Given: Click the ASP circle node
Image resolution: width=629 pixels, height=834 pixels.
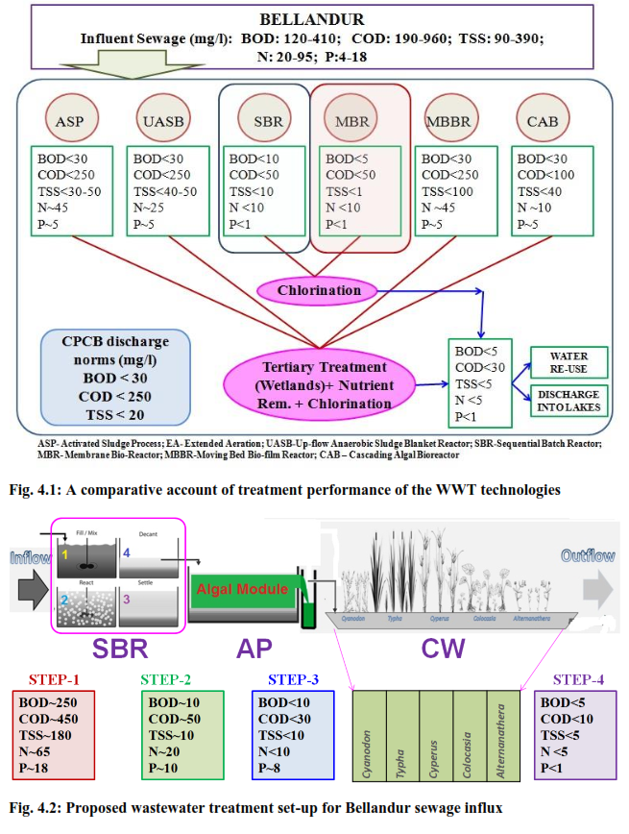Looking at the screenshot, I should point(70,122).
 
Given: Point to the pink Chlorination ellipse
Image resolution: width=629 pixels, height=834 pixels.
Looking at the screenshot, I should point(320,290).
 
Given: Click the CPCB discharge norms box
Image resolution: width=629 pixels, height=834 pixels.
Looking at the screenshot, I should point(103,378).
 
